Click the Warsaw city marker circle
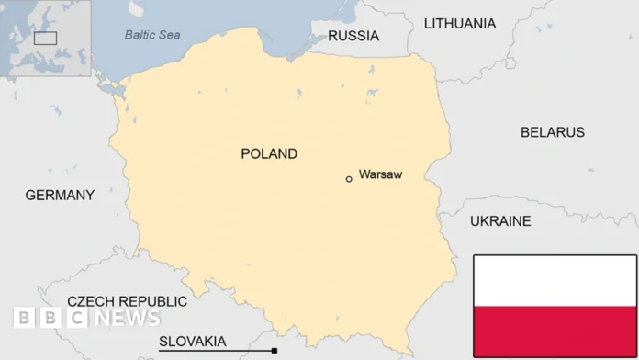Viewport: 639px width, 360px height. (x=349, y=179)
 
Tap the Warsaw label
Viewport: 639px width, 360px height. (x=380, y=174)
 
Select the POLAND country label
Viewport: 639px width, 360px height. (x=269, y=153)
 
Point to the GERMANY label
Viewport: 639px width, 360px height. (x=60, y=195)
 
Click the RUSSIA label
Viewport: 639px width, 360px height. (x=353, y=36)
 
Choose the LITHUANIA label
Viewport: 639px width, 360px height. (x=459, y=24)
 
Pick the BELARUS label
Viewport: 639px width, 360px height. (x=553, y=132)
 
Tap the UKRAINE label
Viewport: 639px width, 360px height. (x=500, y=221)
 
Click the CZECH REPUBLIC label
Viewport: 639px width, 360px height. (x=127, y=301)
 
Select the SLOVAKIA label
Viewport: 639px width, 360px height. (x=192, y=342)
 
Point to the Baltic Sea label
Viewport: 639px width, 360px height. (x=152, y=35)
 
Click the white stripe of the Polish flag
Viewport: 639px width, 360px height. (x=555, y=281)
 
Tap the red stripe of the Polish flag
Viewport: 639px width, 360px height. (x=555, y=331)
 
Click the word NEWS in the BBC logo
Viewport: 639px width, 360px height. (x=126, y=318)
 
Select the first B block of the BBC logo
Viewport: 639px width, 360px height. (x=24, y=318)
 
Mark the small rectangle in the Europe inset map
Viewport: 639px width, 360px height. (x=45, y=38)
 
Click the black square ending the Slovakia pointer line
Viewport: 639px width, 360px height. (x=275, y=351)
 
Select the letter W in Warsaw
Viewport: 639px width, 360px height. (x=364, y=174)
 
